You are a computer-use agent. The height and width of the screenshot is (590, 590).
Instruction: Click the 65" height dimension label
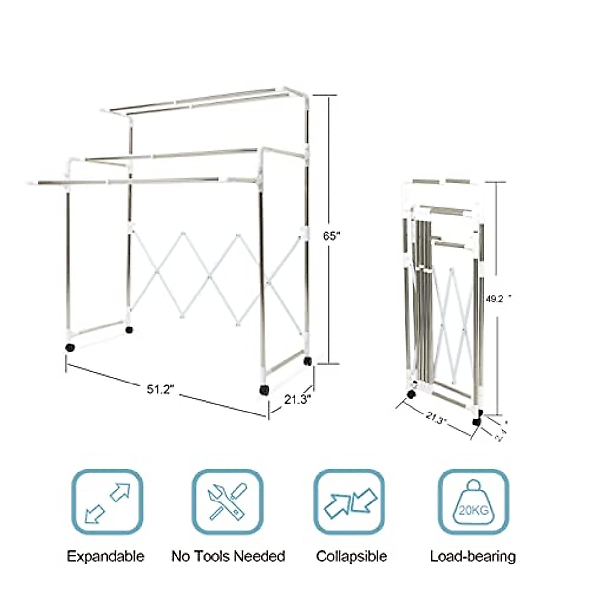point(332,236)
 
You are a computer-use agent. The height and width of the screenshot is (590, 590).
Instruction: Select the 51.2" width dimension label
point(161,389)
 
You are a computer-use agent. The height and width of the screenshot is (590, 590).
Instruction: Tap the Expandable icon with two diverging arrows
point(108,502)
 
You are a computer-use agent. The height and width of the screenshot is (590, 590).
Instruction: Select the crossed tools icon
point(227,502)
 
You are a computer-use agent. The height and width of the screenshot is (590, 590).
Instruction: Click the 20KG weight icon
point(473,502)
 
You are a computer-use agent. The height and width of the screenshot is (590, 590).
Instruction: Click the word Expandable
point(106,557)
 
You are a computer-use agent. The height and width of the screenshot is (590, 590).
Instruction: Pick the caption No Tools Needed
point(228,557)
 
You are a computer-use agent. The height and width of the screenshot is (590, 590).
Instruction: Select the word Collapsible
point(351,557)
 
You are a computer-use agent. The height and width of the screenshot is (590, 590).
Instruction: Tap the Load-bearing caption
point(473,557)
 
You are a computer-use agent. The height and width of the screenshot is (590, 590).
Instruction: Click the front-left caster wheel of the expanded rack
point(70,347)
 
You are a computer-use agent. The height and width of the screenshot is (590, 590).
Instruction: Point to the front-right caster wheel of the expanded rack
point(264,390)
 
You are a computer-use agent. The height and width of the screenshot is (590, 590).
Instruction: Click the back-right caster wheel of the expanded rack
point(308,361)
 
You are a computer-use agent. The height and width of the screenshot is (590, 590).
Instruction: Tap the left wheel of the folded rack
point(412,394)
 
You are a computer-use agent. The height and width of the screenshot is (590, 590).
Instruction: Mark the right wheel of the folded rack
point(476,421)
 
